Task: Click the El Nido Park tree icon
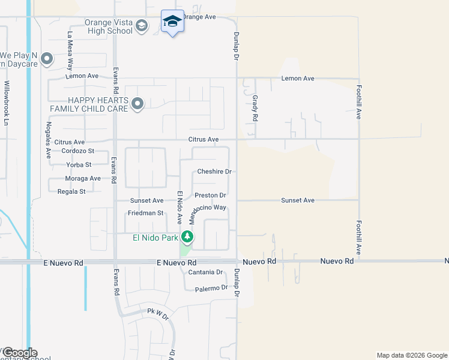187,237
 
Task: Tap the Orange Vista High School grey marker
142,26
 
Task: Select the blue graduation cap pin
173,21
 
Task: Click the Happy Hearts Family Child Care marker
137,104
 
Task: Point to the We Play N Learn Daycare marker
47,59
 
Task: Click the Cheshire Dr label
214,172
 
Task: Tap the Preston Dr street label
210,196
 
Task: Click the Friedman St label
145,213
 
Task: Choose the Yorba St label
79,164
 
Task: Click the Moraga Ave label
83,178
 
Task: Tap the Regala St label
71,191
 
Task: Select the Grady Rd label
255,109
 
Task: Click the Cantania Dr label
205,272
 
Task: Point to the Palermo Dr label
212,289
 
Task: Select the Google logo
19,353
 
